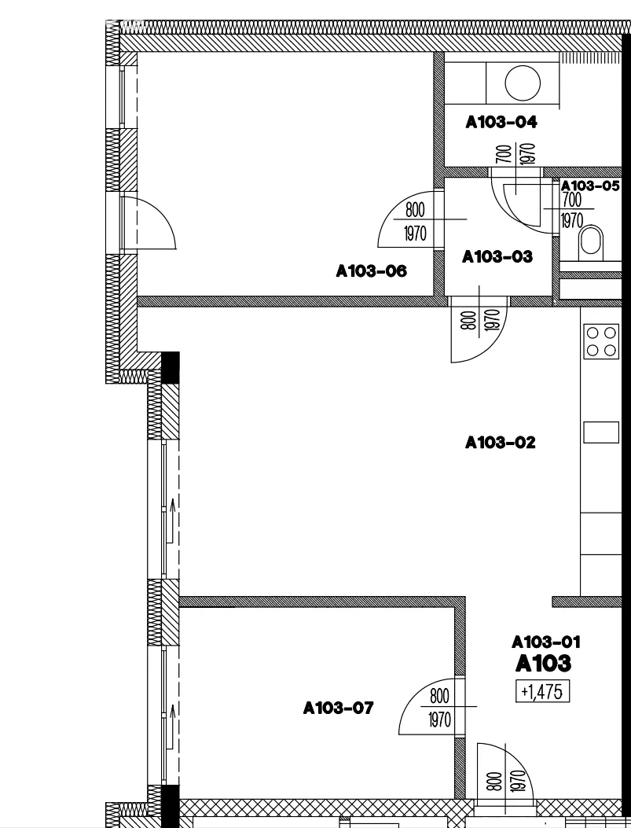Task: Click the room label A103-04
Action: (501, 122)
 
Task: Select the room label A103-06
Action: (372, 271)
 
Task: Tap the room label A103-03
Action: (497, 256)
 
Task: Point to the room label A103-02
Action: (501, 443)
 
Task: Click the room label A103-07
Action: (339, 708)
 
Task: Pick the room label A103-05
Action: (590, 186)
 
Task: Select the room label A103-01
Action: (547, 642)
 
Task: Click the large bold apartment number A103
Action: (543, 664)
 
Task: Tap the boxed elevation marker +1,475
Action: (542, 692)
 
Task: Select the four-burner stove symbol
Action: (601, 342)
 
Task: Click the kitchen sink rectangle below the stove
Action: (601, 432)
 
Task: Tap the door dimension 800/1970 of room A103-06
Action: (415, 222)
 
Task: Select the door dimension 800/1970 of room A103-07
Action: (440, 708)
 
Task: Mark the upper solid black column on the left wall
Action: (170, 367)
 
